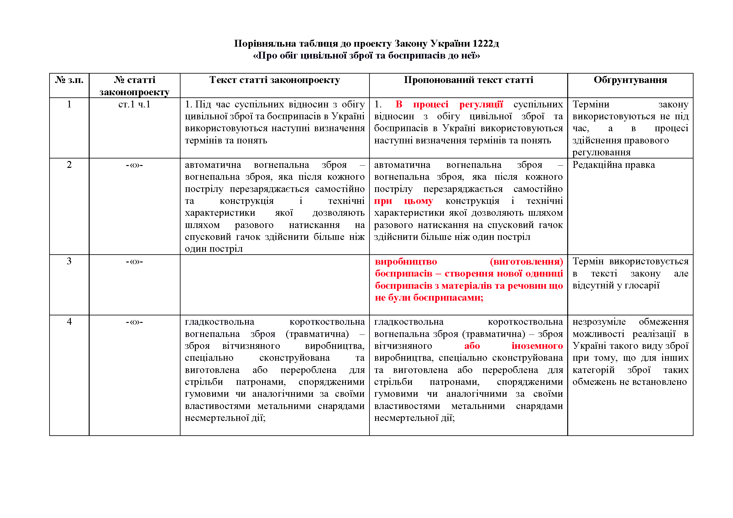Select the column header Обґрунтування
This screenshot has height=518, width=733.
(x=630, y=80)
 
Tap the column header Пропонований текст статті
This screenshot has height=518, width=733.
(x=468, y=80)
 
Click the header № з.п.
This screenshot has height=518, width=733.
(x=69, y=80)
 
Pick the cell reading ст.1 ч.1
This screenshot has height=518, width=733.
(x=134, y=104)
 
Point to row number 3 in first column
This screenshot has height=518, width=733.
(x=69, y=261)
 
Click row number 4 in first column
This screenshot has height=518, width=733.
(x=69, y=322)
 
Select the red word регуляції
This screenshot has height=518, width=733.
(x=481, y=104)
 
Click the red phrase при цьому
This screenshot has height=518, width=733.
(x=404, y=201)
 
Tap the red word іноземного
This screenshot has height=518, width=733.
(x=537, y=346)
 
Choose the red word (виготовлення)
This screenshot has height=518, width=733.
(x=526, y=262)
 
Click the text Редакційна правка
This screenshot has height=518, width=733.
(x=613, y=165)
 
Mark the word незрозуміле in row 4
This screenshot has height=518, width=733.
(x=599, y=322)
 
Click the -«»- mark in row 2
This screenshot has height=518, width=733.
(x=134, y=165)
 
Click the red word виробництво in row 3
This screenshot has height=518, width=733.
(x=406, y=262)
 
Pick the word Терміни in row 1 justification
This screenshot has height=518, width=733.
(x=591, y=104)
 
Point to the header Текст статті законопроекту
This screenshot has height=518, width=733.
(x=275, y=80)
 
